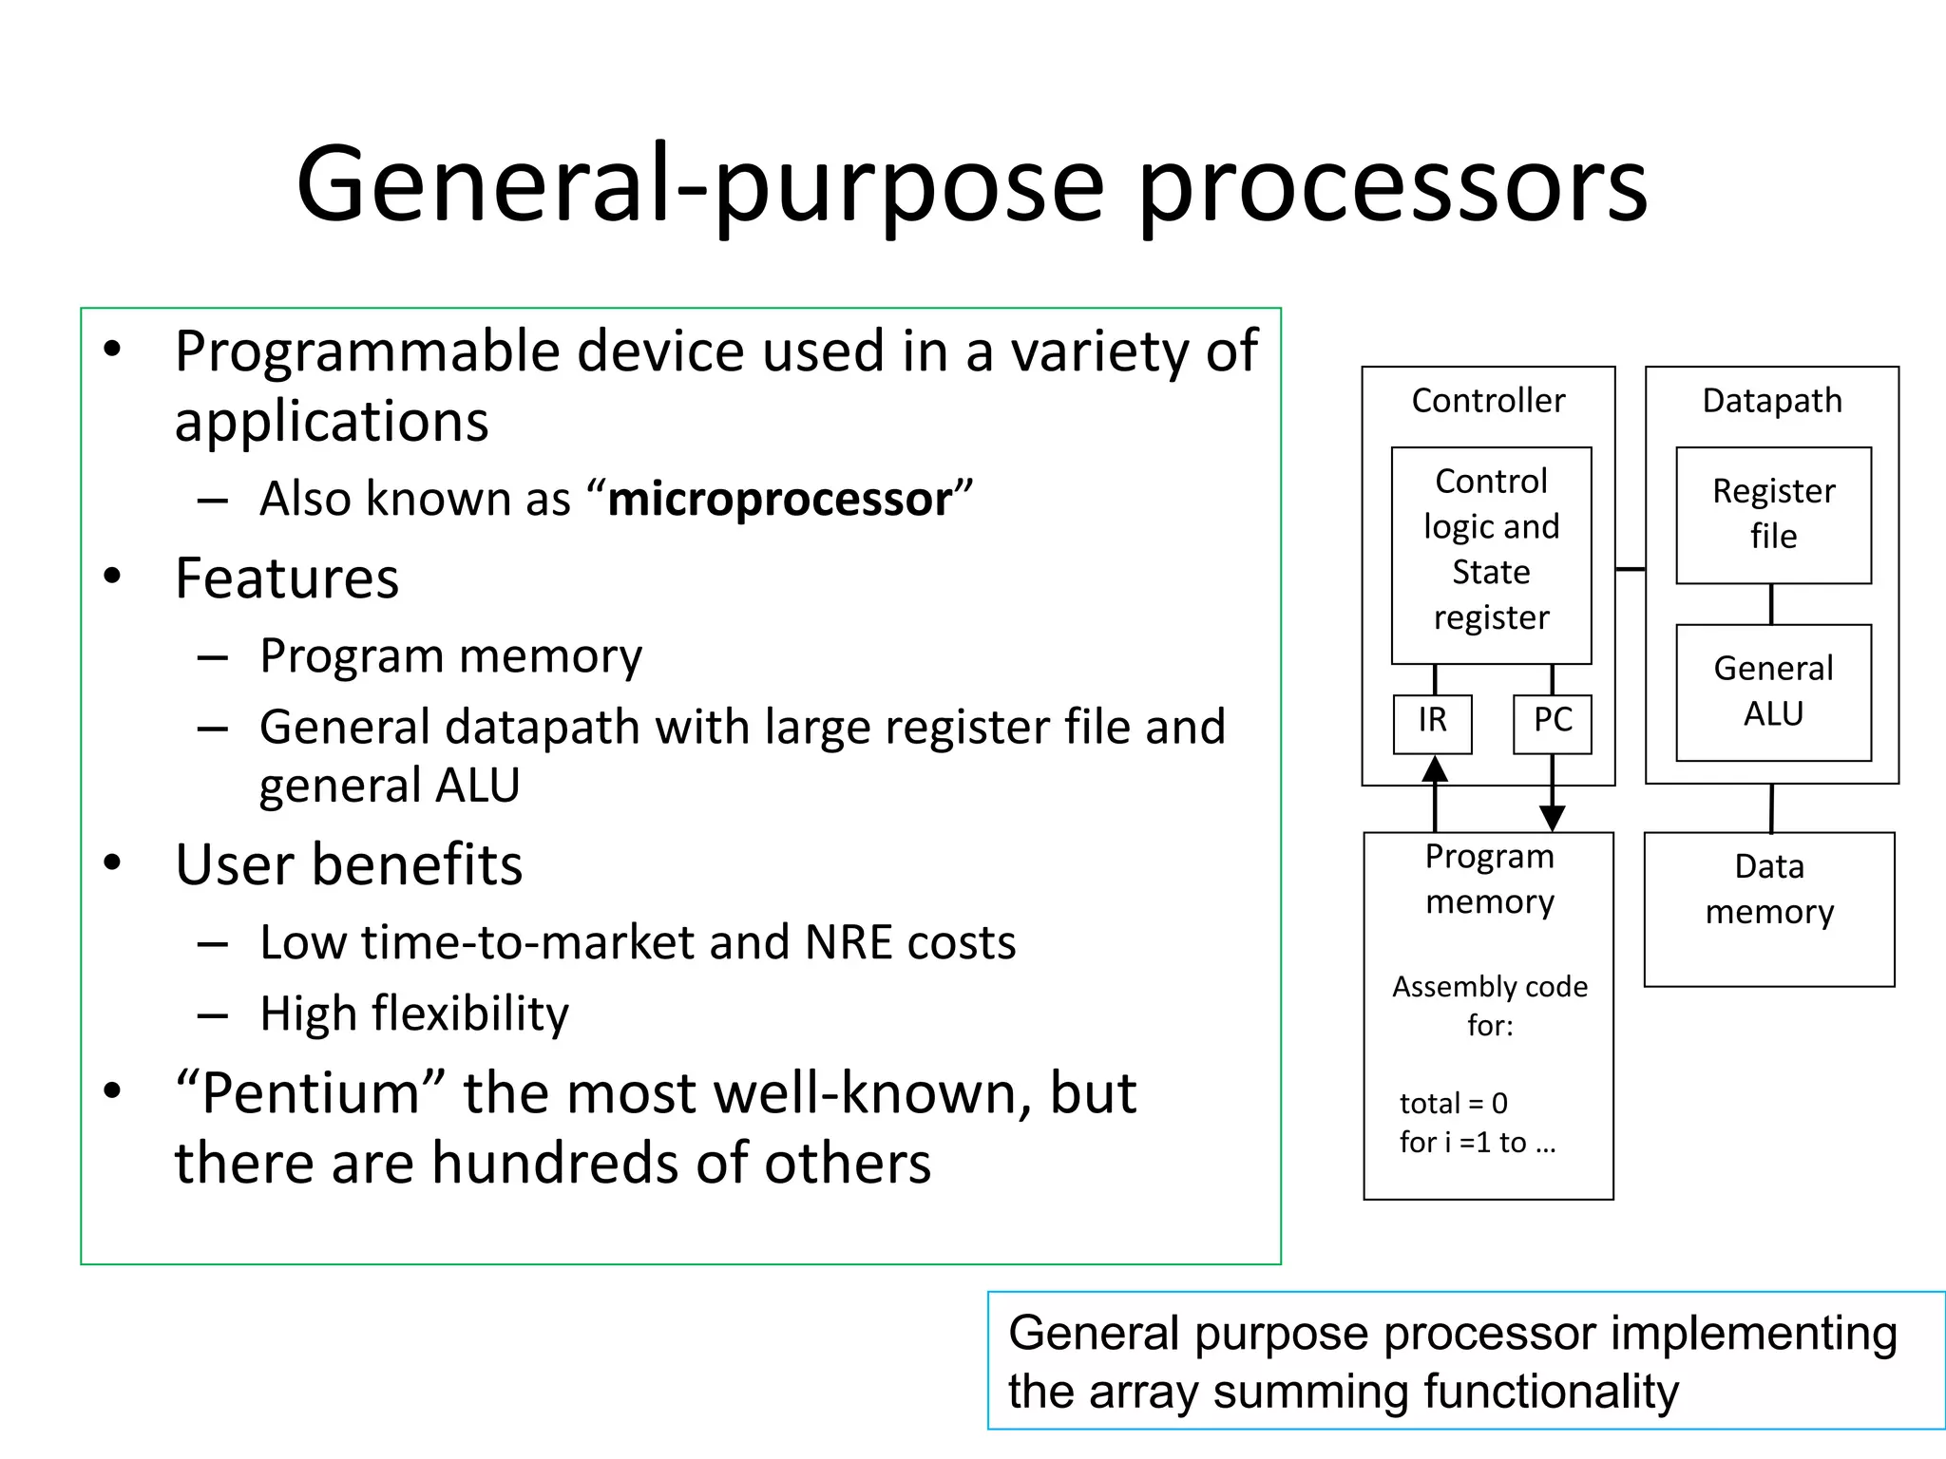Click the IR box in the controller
click(x=1432, y=724)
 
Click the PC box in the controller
click(x=1552, y=724)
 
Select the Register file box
click(x=1773, y=515)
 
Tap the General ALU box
click(x=1773, y=692)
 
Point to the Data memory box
click(x=1768, y=909)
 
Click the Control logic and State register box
click(x=1491, y=554)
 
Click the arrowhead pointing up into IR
click(x=1435, y=769)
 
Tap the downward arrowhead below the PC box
click(x=1552, y=817)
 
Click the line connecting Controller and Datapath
click(x=1631, y=569)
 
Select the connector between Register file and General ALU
click(x=1771, y=604)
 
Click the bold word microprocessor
click(x=779, y=500)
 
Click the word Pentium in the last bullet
click(x=310, y=1093)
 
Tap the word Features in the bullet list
click(x=287, y=578)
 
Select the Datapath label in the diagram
click(x=1771, y=401)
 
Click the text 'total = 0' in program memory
click(x=1453, y=1104)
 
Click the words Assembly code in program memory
click(x=1489, y=987)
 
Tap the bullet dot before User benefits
click(x=113, y=862)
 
